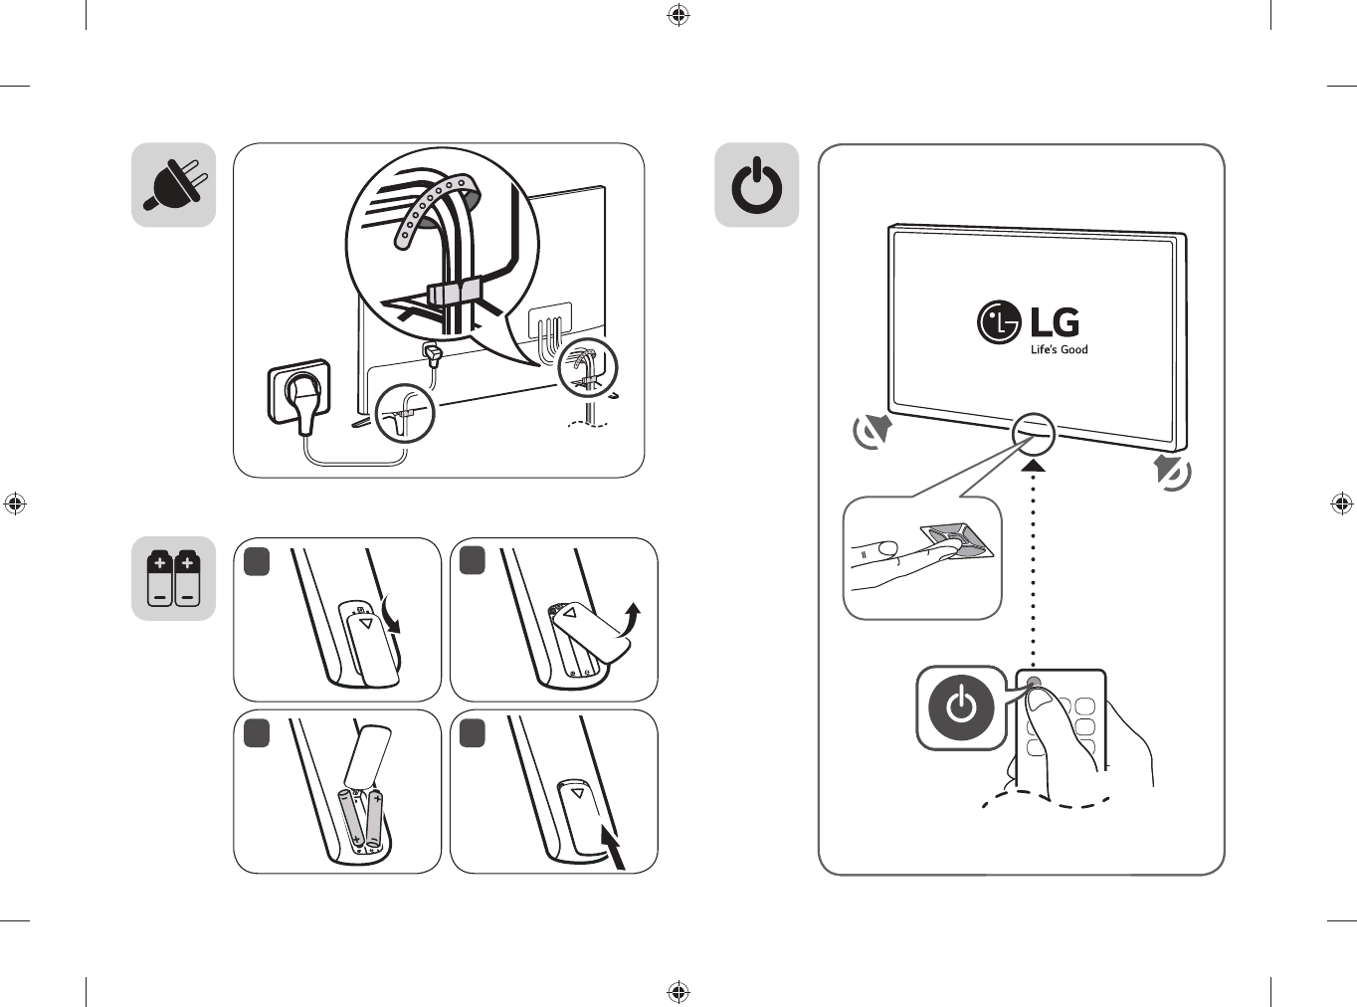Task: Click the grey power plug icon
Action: [173, 185]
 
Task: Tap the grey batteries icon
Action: [173, 578]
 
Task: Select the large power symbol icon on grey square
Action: [757, 185]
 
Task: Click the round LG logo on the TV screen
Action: [998, 322]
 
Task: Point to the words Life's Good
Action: [1059, 350]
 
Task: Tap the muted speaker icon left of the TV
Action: [872, 431]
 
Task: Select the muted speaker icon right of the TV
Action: [1173, 472]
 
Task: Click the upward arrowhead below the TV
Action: [1034, 465]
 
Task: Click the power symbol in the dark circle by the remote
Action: [961, 706]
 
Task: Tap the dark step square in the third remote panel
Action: [257, 732]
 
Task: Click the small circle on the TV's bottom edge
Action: [1033, 433]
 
